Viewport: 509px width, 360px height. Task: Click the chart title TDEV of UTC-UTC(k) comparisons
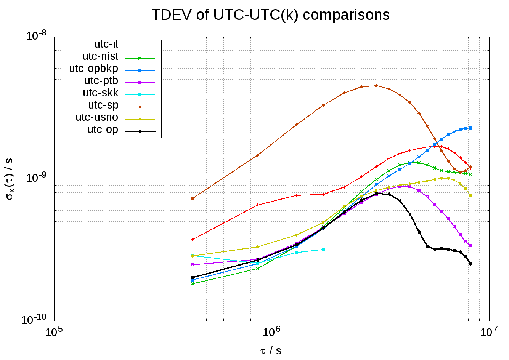(270, 15)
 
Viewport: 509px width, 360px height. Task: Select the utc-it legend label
(106, 44)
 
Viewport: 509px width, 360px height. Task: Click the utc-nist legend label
(100, 56)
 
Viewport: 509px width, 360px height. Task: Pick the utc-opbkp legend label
(94, 69)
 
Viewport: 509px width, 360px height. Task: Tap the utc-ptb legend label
(101, 81)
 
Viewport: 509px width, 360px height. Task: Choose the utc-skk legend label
(101, 93)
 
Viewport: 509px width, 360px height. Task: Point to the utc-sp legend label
(103, 105)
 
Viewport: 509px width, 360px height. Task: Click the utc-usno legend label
(97, 117)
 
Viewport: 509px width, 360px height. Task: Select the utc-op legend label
(103, 130)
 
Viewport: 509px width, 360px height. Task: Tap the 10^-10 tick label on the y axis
(34, 320)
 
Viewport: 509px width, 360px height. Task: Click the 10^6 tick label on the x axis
(271, 332)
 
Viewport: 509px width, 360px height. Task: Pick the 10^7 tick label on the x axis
(489, 332)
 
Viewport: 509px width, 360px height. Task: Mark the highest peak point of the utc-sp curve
(376, 86)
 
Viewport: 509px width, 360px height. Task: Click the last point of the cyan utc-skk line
(323, 250)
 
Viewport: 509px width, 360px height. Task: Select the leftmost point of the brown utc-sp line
(193, 198)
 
